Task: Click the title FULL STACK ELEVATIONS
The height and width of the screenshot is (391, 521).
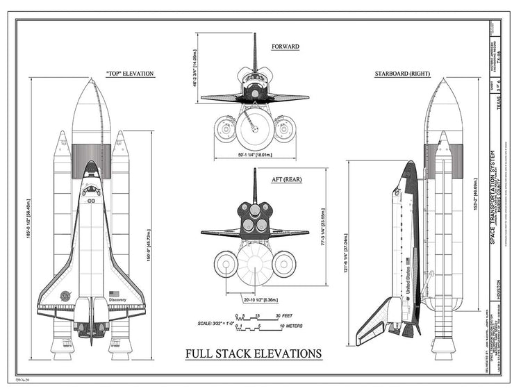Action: coord(254,354)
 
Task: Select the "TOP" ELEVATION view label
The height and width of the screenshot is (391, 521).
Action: coord(130,74)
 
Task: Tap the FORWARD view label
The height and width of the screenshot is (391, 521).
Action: coord(285,47)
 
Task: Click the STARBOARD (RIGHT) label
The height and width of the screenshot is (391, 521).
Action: coord(403,74)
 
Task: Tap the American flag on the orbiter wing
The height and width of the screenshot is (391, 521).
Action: coord(114,293)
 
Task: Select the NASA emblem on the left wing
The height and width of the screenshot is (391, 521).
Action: coord(66,295)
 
